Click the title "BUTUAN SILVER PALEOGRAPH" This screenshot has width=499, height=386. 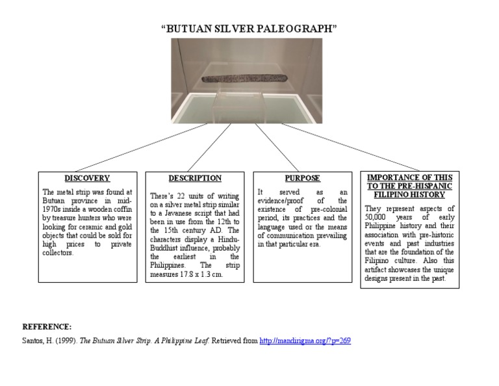(249, 29)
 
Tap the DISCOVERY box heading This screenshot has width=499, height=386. (87, 178)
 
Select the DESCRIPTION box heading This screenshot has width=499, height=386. (195, 178)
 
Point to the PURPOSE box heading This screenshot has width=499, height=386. (303, 178)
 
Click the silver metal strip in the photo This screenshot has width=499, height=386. (243, 79)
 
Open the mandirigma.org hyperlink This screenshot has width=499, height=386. (305, 341)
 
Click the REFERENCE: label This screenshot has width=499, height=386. (47, 326)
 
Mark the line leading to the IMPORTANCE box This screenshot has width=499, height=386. (351, 147)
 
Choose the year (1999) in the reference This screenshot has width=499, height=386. (65, 341)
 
